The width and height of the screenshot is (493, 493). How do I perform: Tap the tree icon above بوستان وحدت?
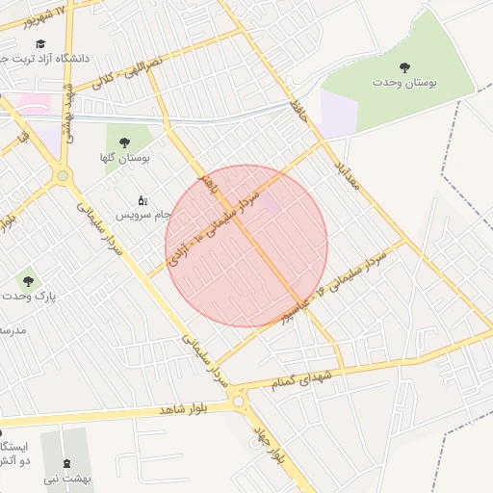click(x=404, y=67)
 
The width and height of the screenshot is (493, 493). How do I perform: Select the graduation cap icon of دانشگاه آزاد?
click(x=40, y=43)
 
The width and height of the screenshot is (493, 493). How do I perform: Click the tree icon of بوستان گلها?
click(x=123, y=142)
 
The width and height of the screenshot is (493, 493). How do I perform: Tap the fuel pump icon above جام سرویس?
click(x=143, y=200)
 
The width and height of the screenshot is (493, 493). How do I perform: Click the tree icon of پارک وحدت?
click(x=28, y=281)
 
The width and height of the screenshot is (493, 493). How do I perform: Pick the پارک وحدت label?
click(x=29, y=297)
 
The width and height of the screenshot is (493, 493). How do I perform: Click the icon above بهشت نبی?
click(x=67, y=463)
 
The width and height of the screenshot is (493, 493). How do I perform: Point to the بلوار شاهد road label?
click(x=173, y=409)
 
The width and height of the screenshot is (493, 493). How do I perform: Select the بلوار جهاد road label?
click(x=269, y=444)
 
